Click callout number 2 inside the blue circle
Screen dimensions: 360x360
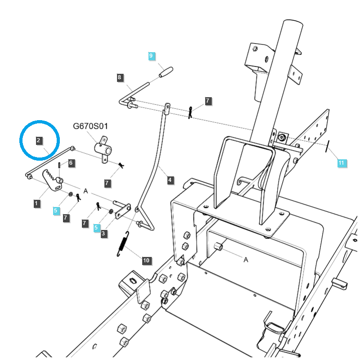39,140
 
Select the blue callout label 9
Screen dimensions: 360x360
151,56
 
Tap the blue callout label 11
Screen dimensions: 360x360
342,162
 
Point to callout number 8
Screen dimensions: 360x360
119,77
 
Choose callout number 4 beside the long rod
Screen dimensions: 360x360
170,180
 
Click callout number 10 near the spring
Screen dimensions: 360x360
146,261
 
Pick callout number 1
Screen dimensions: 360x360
36,204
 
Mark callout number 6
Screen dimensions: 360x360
72,163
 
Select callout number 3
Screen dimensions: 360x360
104,234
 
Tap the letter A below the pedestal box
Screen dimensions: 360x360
246,260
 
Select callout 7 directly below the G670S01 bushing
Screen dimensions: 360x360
107,183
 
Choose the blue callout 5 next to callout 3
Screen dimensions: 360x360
96,228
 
